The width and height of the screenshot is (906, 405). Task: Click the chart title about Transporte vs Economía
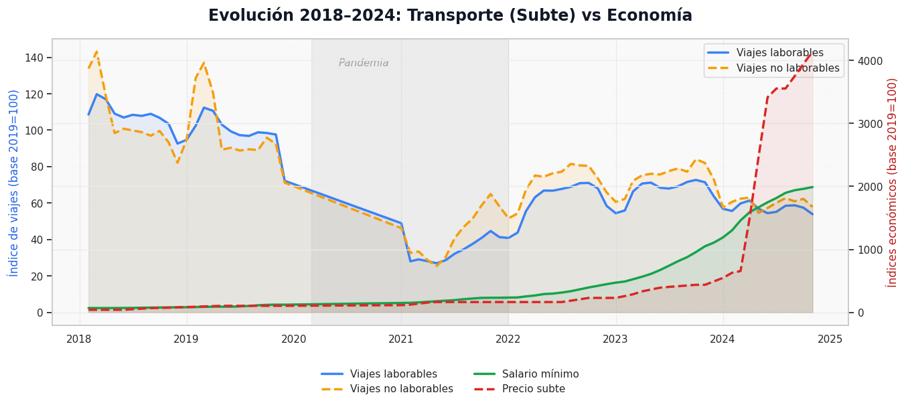[450, 16]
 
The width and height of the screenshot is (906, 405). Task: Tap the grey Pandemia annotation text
[364, 63]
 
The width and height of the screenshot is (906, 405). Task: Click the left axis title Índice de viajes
[13, 182]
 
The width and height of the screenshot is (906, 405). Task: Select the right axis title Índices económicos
[892, 182]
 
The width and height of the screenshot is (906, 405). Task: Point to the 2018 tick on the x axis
[79, 339]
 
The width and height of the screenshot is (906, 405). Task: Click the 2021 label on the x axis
[401, 339]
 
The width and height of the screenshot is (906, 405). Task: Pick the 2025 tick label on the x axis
[830, 339]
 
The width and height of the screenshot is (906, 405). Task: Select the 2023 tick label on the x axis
[615, 339]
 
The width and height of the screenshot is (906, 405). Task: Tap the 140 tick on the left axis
[34, 58]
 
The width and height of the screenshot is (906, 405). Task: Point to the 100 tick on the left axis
[34, 131]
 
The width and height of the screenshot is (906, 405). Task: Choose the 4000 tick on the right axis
[870, 61]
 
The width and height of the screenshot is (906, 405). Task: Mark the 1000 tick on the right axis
[870, 250]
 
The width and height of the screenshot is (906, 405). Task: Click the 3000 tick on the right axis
[870, 124]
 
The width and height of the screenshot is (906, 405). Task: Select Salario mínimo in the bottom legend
[540, 374]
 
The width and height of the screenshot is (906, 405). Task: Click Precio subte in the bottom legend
[533, 389]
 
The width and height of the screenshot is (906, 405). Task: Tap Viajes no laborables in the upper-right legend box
[787, 68]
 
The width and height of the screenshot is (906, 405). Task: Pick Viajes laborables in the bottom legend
[393, 374]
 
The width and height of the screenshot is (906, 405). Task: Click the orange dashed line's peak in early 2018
[96, 52]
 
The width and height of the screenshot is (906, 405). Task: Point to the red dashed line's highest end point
[812, 52]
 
